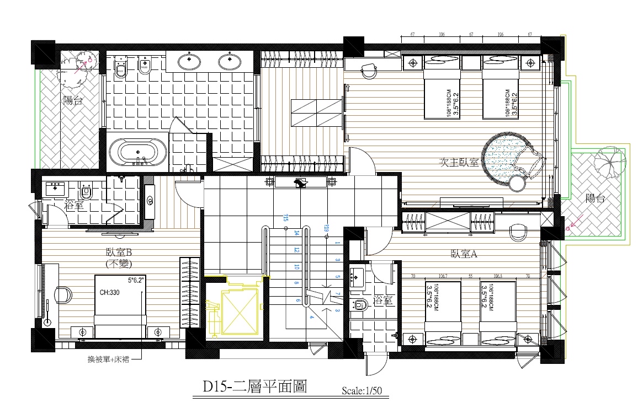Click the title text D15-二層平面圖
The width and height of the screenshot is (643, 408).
[254, 387]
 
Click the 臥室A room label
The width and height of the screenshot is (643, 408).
[464, 254]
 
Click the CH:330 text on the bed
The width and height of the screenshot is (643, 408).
[110, 293]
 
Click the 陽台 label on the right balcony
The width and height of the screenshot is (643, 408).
[594, 198]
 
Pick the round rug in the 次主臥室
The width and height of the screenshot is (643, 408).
[502, 159]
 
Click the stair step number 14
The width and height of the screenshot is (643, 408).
[296, 233]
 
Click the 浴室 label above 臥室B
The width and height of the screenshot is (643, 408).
[73, 206]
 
